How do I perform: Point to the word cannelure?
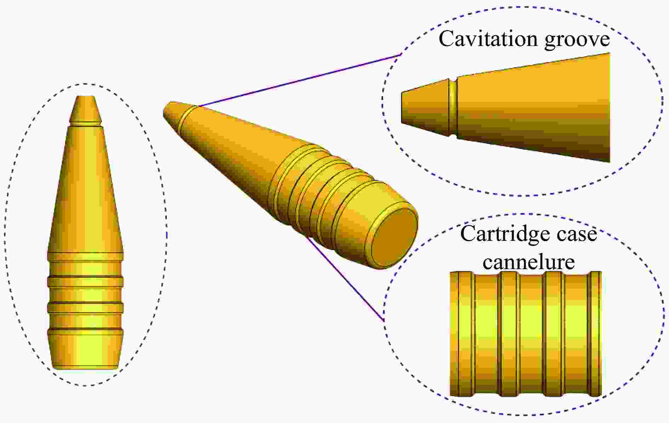coord(529,262)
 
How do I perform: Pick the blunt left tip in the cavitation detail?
coord(402,108)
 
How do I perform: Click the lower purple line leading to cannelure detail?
coord(346,278)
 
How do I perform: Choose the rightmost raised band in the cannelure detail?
coord(594,334)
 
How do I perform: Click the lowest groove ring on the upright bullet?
coord(85,331)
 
